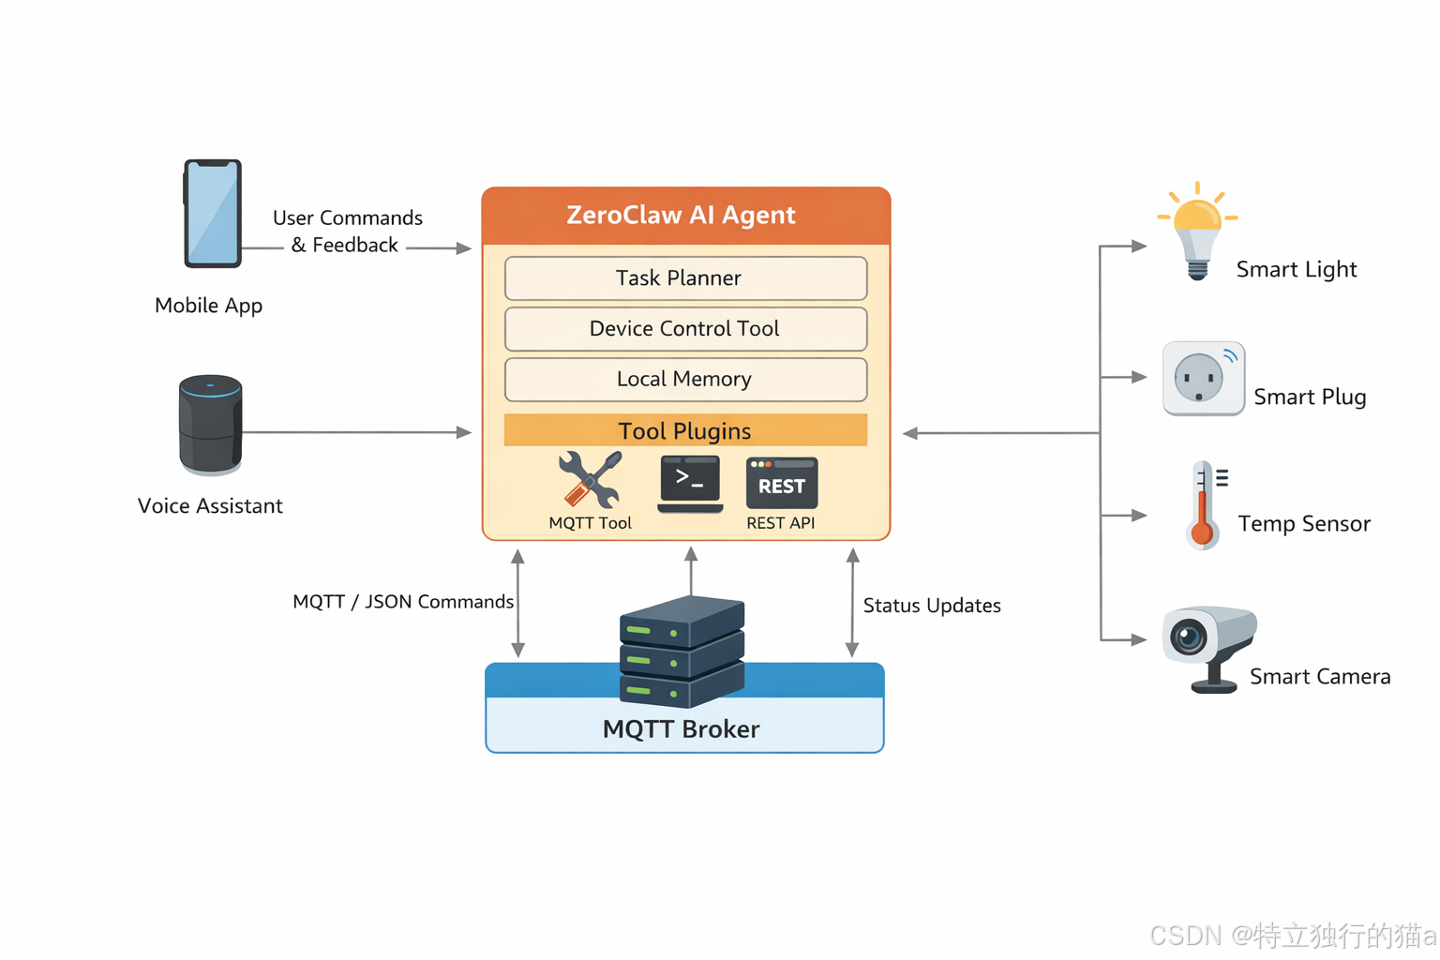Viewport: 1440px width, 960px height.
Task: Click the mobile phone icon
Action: pos(213,214)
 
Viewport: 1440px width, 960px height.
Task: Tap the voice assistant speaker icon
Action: pos(210,425)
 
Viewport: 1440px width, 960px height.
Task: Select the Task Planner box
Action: pos(685,278)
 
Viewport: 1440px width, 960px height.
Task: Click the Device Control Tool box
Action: pos(685,329)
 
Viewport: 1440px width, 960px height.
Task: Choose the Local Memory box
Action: pos(685,380)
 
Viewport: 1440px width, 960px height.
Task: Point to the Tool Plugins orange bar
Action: pos(685,430)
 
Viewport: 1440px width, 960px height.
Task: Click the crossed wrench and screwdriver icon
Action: pos(590,479)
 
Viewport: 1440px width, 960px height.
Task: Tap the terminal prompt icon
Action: pos(690,483)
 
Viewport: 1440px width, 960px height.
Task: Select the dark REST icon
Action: pos(782,483)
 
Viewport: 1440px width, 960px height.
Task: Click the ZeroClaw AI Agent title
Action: pos(682,216)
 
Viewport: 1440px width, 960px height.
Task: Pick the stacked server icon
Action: pos(682,652)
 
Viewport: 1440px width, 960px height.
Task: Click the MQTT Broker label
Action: pos(682,729)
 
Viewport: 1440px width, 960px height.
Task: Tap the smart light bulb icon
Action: pos(1197,231)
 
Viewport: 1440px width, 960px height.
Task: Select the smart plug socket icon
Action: pos(1203,379)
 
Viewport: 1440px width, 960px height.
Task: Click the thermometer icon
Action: pos(1204,504)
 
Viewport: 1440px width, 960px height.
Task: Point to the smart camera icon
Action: pos(1208,645)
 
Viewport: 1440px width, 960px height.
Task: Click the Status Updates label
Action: pos(932,606)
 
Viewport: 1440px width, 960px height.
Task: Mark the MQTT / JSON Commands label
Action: pos(403,602)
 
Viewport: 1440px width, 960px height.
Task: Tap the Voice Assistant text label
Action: pos(210,506)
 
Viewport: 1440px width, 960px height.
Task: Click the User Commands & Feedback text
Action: pos(347,232)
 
